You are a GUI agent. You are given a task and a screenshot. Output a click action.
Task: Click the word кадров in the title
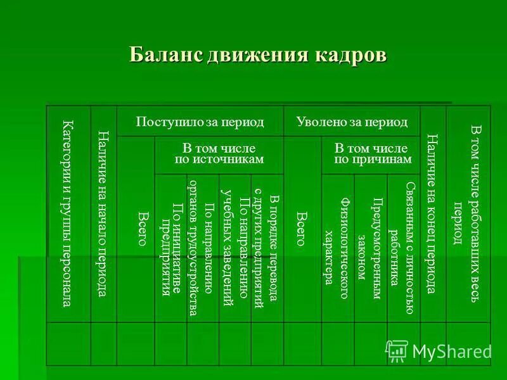click(350, 54)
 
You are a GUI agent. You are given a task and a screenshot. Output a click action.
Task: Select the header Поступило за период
click(200, 121)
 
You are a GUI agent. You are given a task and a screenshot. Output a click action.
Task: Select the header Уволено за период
click(352, 121)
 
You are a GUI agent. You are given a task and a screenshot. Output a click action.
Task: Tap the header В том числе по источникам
click(219, 154)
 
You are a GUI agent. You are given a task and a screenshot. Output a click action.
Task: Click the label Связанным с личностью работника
click(402, 247)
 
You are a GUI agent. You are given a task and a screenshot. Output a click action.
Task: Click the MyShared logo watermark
click(439, 350)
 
